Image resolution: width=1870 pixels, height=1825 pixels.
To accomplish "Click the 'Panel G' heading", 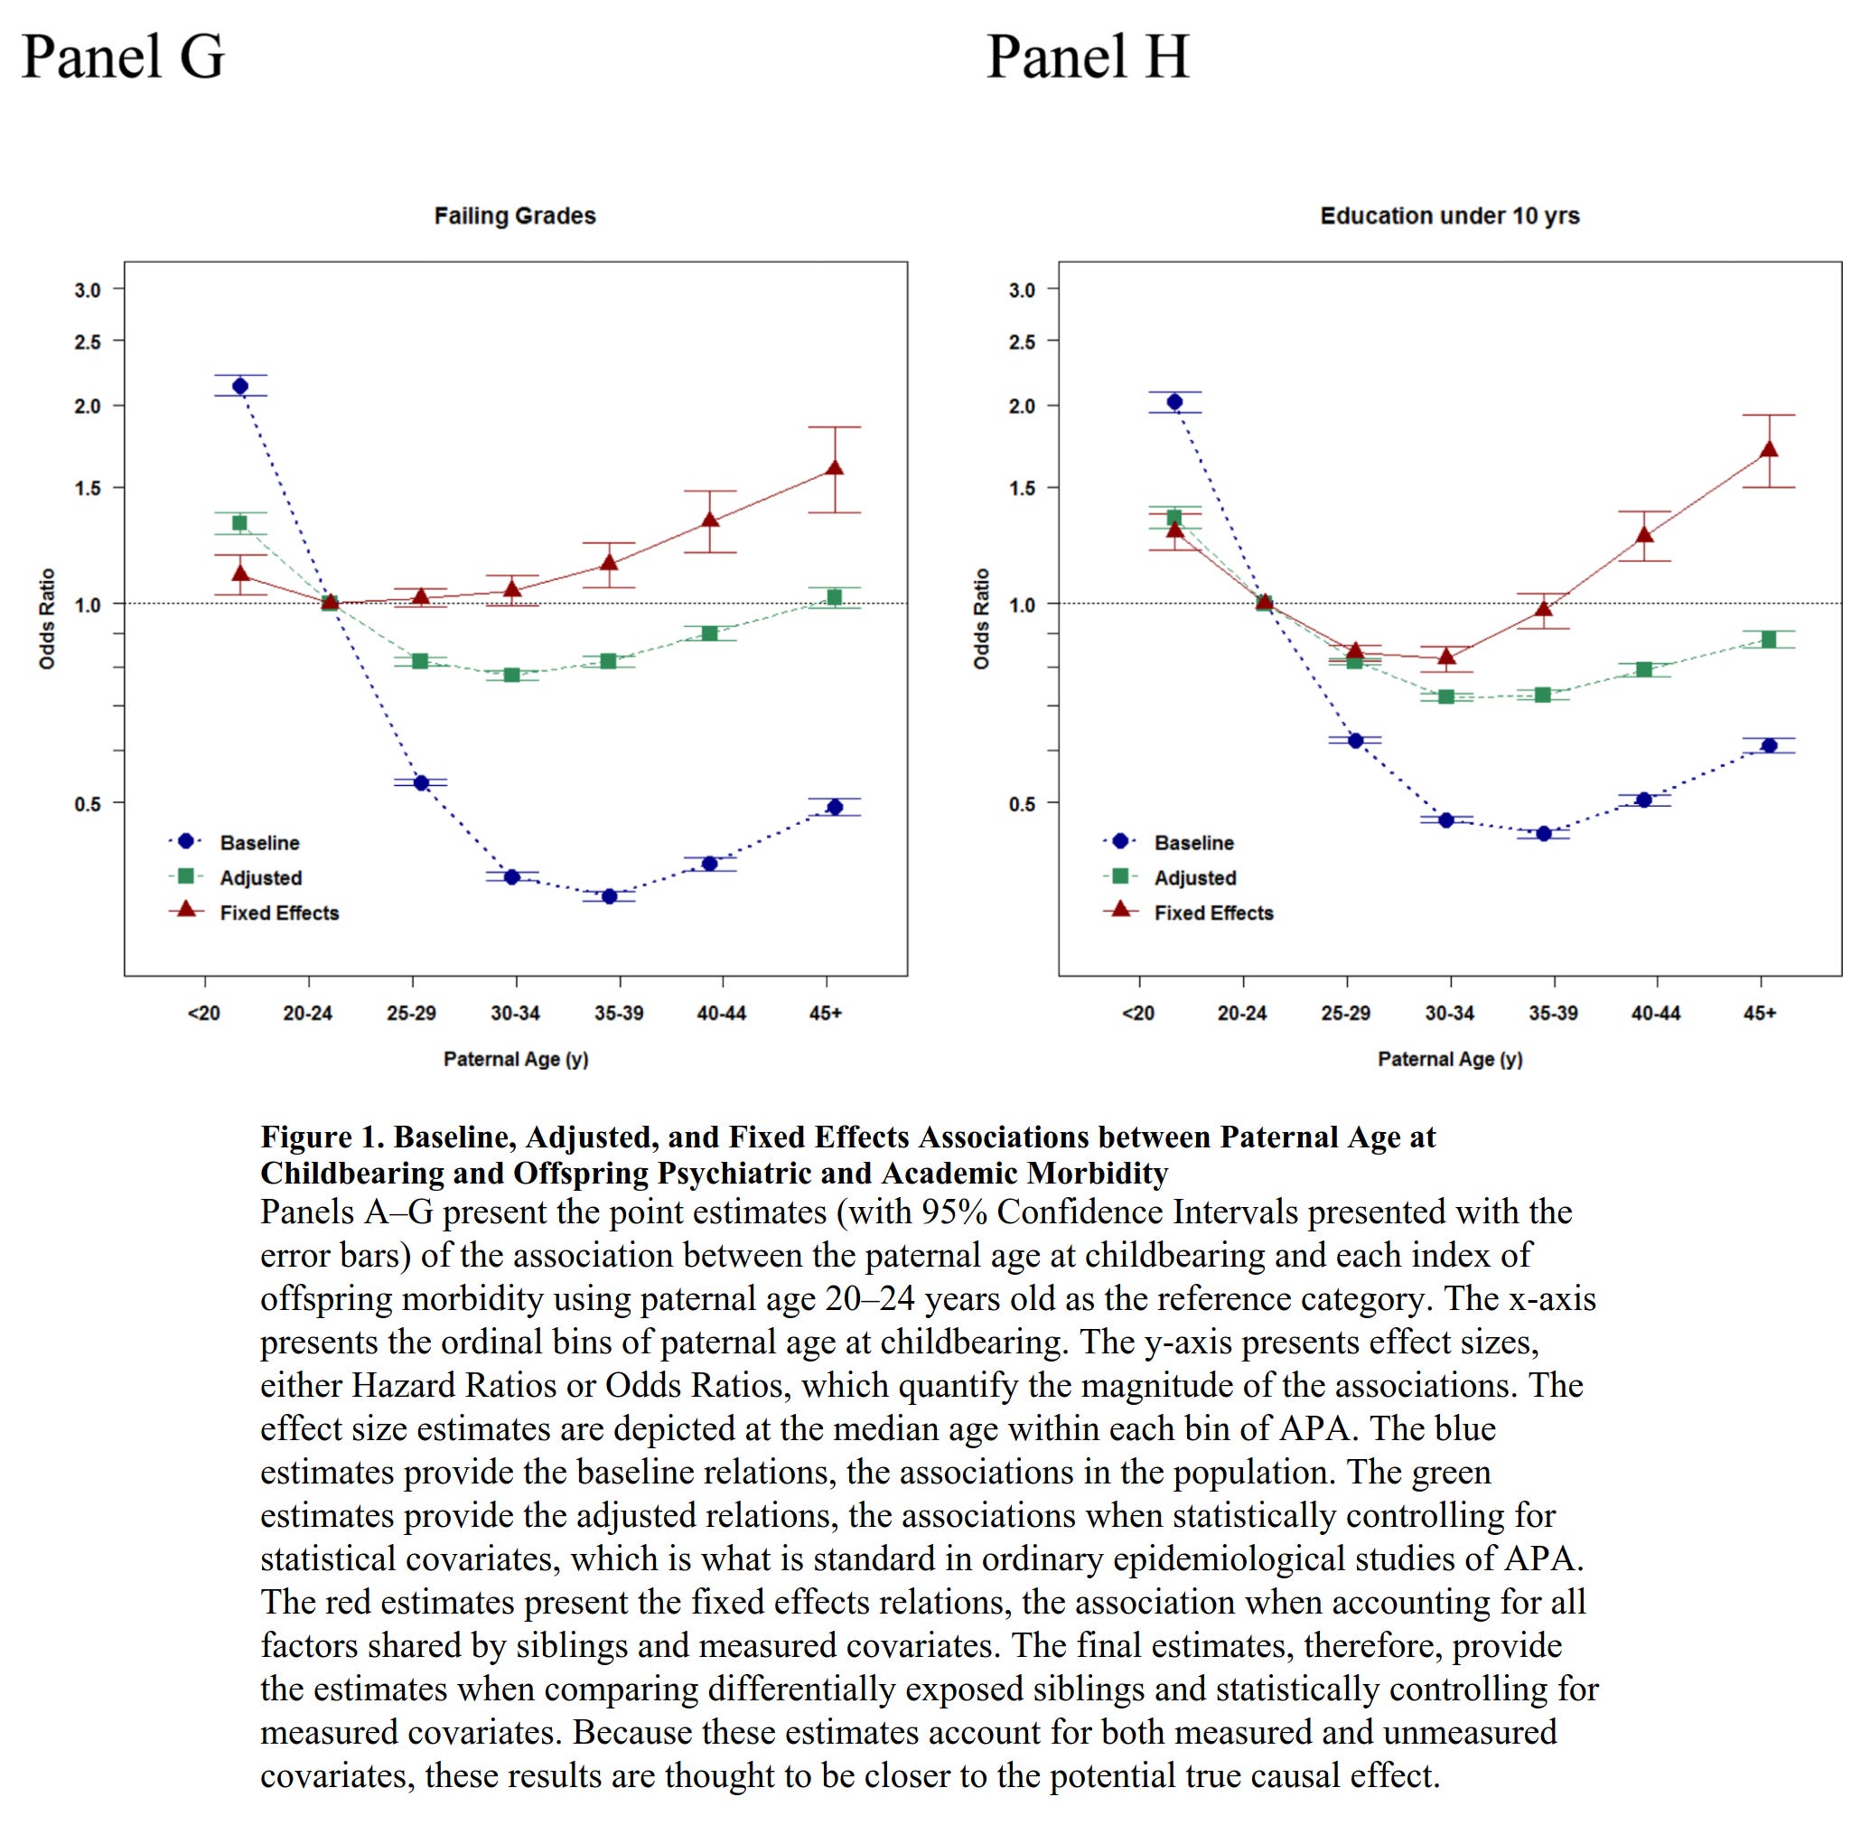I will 123,57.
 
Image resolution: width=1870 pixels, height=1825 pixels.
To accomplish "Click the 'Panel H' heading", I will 1088,57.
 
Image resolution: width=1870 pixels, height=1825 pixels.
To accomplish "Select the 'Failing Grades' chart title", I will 515,216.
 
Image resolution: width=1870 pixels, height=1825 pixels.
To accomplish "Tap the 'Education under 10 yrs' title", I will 1449,216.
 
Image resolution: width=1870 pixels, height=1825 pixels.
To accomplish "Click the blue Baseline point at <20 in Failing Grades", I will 240,387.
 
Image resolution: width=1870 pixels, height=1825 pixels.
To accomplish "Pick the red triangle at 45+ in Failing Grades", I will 835,469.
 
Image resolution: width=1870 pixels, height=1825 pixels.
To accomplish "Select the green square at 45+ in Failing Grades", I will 834,598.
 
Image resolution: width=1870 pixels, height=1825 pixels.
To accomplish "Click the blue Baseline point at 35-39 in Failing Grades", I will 609,896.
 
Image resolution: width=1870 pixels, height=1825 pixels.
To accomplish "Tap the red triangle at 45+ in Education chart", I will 1770,450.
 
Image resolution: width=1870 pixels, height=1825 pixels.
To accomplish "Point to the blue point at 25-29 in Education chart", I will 1355,741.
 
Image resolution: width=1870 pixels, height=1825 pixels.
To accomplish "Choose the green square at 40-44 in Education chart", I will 1644,670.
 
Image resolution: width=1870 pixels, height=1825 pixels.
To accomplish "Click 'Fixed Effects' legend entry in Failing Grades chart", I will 279,912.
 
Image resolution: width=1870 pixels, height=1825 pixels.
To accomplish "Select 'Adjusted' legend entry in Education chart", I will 1194,878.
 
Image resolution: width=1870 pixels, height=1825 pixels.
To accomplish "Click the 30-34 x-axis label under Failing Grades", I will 515,1013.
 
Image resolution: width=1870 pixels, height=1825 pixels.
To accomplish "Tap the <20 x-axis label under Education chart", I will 1137,1013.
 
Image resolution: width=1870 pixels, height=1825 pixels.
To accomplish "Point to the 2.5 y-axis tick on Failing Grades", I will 88,342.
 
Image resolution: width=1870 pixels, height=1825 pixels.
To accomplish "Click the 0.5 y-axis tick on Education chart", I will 1022,803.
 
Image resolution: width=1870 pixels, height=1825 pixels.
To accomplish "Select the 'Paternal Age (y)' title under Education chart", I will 1449,1059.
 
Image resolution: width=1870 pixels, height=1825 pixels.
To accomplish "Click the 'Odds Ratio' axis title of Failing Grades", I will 47,619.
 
